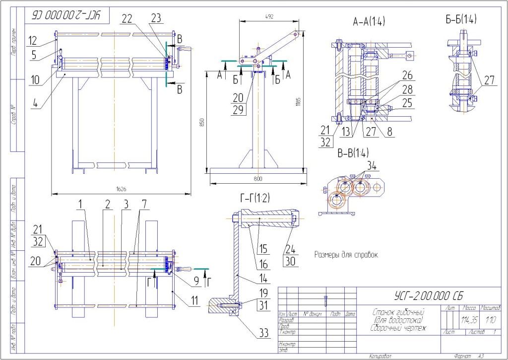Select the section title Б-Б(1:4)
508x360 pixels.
click(461, 20)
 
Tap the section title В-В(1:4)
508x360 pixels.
click(353, 153)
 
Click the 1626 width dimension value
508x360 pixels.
click(121, 189)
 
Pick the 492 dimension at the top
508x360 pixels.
click(269, 16)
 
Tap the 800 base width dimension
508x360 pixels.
click(257, 178)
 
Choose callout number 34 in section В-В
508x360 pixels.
click(372, 164)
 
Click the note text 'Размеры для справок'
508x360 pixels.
click(346, 255)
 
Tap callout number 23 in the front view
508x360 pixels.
click(156, 18)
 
